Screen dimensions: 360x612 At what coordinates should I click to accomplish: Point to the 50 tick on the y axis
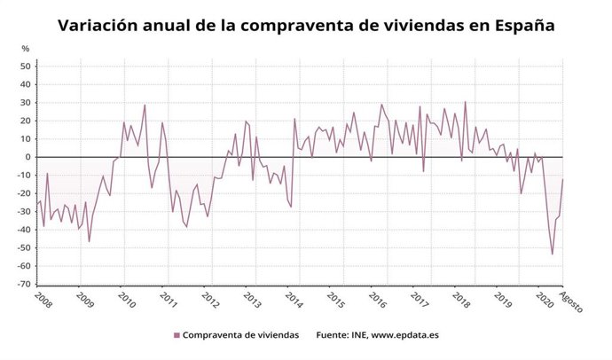click(26, 67)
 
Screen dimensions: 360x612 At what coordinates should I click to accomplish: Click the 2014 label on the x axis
click(294, 299)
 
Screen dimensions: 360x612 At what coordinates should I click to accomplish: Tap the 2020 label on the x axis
click(545, 299)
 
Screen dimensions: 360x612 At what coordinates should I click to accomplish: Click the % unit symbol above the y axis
click(26, 48)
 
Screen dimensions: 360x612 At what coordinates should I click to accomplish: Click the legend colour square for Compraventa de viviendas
click(176, 335)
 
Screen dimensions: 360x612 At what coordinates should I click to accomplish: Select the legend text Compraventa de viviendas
click(240, 335)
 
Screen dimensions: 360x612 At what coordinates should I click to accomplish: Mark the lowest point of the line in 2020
click(553, 254)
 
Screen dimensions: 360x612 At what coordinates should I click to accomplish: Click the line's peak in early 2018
click(465, 102)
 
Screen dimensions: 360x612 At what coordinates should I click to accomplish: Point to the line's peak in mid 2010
click(145, 105)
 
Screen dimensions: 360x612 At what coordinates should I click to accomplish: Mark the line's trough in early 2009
click(89, 241)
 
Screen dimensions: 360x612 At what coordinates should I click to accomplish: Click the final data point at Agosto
click(563, 179)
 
